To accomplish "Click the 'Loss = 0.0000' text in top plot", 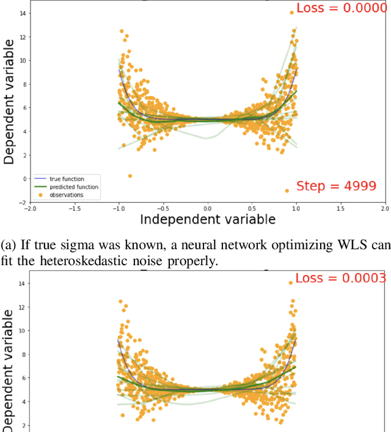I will coord(342,9).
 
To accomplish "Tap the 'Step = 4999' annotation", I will coord(336,186).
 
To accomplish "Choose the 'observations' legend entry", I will coord(67,195).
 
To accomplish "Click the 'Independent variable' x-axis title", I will coord(208,219).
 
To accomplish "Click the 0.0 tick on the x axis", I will coord(208,208).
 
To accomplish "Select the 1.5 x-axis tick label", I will coord(340,208).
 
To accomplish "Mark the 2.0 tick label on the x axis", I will coord(384,208).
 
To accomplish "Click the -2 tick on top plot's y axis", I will coord(21,202).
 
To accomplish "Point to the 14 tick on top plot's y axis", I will coord(22,13).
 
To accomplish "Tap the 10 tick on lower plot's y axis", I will coord(22,331).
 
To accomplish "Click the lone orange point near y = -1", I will coord(287,191).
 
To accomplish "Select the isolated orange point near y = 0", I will coord(130,176).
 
